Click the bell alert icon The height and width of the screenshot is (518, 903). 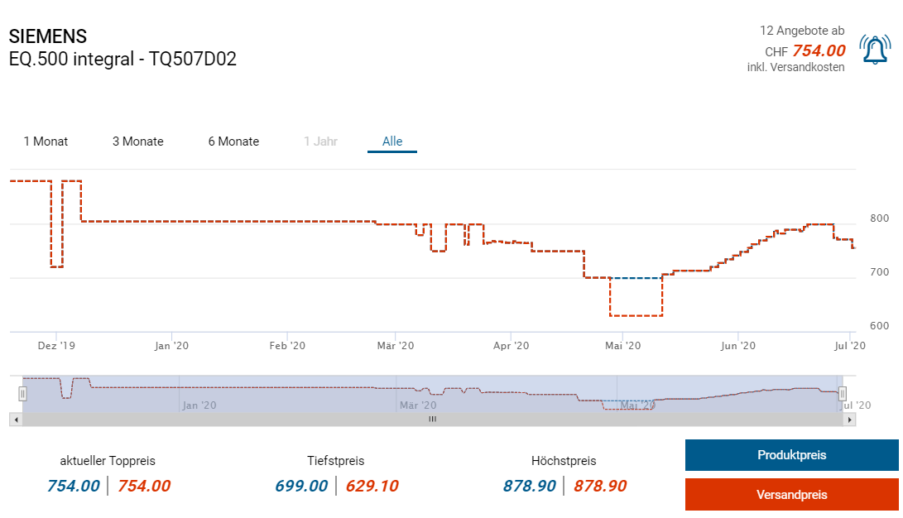coord(874,50)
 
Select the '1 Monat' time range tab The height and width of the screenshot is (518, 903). coord(46,141)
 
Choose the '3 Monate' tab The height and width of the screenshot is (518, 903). coord(138,141)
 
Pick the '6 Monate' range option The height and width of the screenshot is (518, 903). coord(233,141)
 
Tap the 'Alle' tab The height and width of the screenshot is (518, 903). coord(392,141)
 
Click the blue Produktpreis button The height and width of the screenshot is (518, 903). coord(791,455)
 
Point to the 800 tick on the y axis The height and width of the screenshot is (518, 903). coord(880,218)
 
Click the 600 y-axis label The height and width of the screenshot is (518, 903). coord(880,326)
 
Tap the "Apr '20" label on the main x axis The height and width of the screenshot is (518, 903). coord(510,346)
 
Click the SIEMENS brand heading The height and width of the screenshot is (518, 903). coord(48,37)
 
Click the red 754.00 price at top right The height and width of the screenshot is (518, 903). coord(819,51)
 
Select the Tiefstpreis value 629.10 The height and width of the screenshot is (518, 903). coord(372,487)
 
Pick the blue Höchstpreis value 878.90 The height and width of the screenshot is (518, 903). coord(530,487)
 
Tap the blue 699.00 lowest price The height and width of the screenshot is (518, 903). coord(301,487)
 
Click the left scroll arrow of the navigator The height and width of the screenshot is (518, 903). coord(15,420)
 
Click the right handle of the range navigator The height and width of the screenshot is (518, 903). coord(843,394)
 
